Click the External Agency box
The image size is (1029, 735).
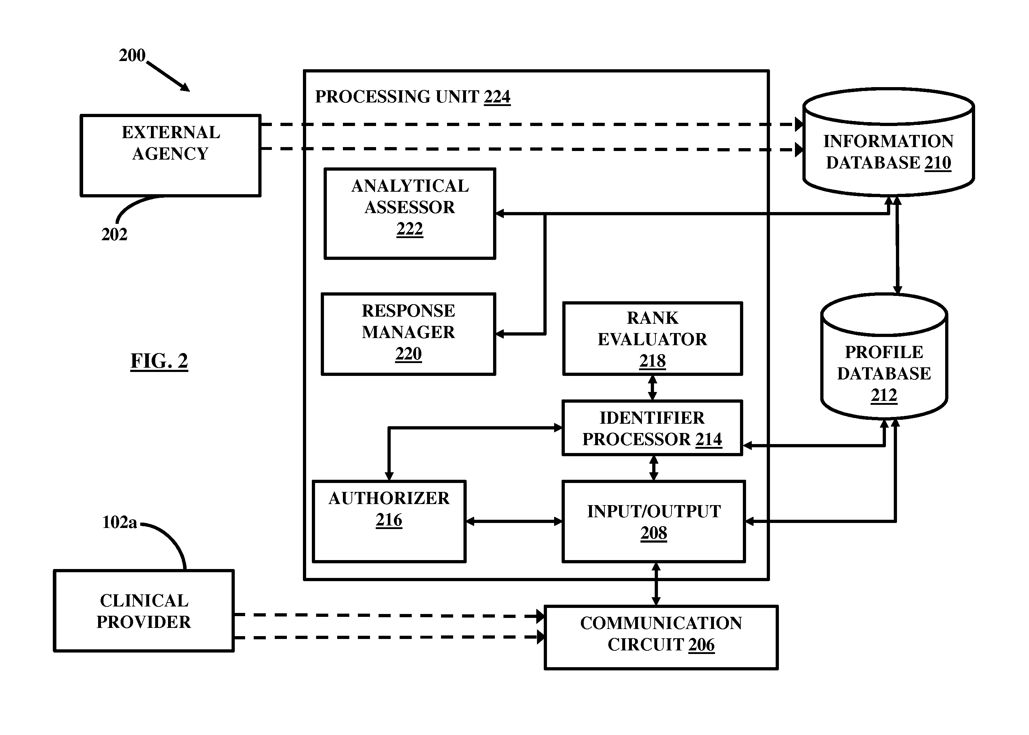171,155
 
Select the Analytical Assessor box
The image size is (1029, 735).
410,213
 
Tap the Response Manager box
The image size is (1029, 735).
409,334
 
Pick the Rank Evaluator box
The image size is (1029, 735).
652,338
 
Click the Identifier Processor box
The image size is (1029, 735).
652,428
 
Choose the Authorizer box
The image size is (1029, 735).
389,522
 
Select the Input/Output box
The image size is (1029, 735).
654,522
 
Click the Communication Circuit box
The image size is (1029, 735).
661,637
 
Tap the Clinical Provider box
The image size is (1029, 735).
144,610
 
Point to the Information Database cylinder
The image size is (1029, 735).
888,142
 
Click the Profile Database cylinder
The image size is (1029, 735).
884,357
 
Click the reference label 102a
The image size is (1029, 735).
120,522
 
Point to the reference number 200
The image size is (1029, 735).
132,55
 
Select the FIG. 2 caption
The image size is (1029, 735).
159,361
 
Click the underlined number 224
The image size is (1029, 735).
497,97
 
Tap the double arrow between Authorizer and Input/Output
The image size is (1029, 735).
514,522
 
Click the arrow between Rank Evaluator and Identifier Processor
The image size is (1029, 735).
652,388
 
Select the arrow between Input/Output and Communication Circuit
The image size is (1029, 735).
656,584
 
